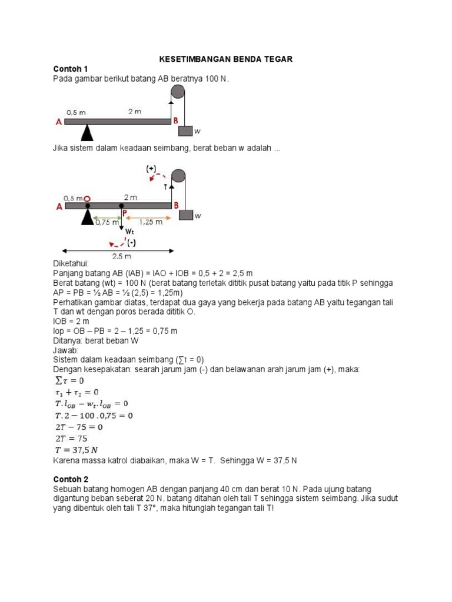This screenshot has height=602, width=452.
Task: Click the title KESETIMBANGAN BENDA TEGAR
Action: [227, 59]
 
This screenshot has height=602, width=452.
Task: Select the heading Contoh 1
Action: [70, 69]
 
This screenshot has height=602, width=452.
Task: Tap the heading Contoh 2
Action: [70, 479]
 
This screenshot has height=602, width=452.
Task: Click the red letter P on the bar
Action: [125, 213]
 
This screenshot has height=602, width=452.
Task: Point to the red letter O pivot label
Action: [87, 199]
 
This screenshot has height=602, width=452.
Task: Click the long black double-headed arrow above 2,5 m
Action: [117, 250]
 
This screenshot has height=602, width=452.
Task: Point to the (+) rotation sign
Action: [151, 169]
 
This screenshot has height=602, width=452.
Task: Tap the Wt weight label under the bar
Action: [129, 231]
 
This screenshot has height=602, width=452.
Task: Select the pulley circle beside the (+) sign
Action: [178, 177]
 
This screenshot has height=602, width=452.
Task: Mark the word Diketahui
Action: [71, 264]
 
